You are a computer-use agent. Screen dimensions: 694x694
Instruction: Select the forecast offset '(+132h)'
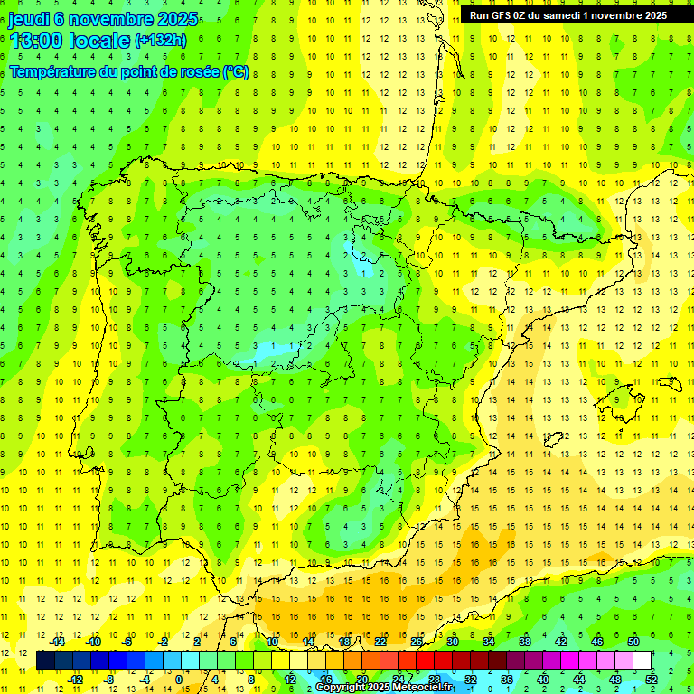pyautogui.click(x=161, y=41)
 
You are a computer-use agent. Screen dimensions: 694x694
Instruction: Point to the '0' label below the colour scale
pyautogui.click(x=179, y=680)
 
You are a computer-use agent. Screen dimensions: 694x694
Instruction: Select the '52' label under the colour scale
pyautogui.click(x=651, y=680)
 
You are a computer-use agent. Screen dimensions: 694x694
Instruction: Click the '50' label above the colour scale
pyautogui.click(x=633, y=642)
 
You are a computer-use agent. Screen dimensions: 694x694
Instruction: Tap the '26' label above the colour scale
pyautogui.click(x=416, y=642)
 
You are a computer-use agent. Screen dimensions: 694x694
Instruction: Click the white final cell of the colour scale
pyautogui.click(x=642, y=661)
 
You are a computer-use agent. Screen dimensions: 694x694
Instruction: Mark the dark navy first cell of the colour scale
pyautogui.click(x=45, y=661)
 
